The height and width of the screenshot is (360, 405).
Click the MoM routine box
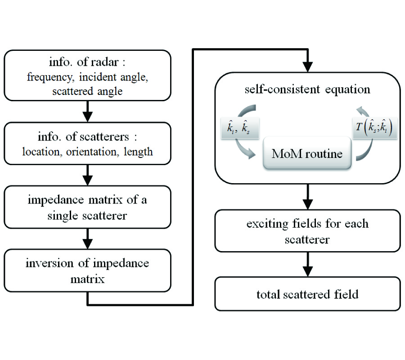[307, 154]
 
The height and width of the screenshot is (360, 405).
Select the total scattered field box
[307, 294]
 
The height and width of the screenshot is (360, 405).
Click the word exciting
[265, 224]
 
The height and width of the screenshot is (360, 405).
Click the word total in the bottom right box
[268, 295]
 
